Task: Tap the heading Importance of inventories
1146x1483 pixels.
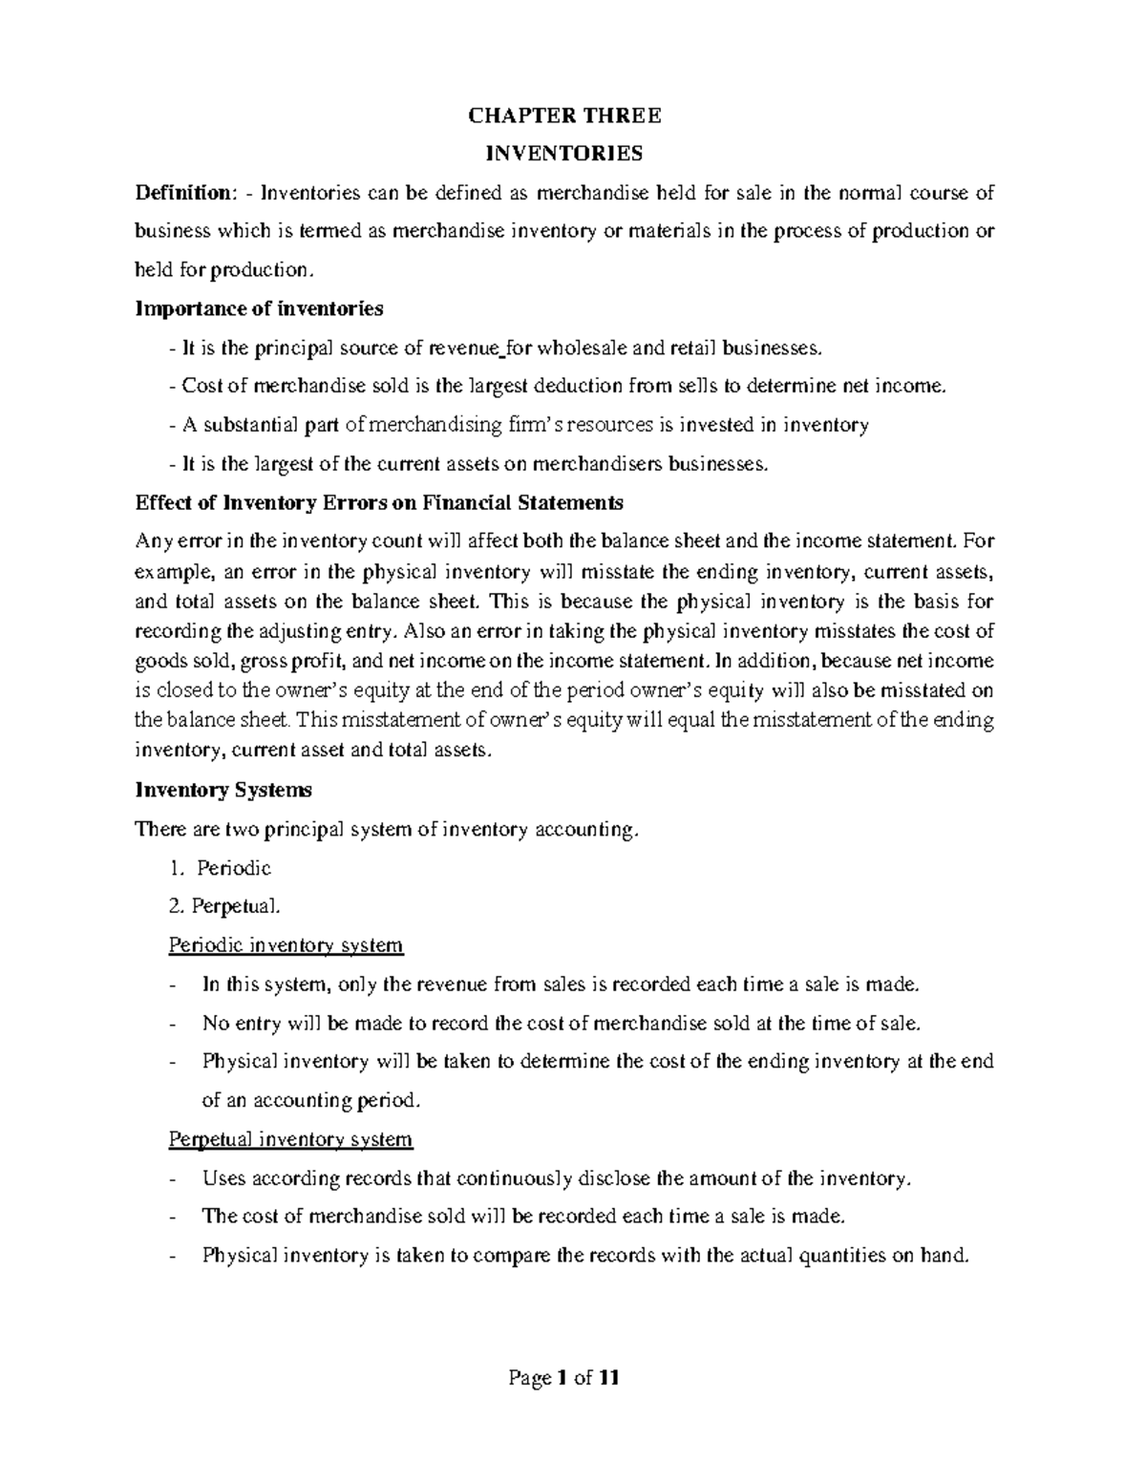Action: [259, 308]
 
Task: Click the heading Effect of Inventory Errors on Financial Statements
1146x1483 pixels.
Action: [379, 502]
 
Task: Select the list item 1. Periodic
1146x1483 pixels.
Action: [220, 868]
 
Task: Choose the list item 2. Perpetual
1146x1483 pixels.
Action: [225, 906]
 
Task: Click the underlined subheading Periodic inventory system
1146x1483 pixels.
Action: [286, 945]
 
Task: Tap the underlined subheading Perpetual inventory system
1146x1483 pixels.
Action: [290, 1139]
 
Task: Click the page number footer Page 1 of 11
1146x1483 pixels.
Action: [564, 1378]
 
